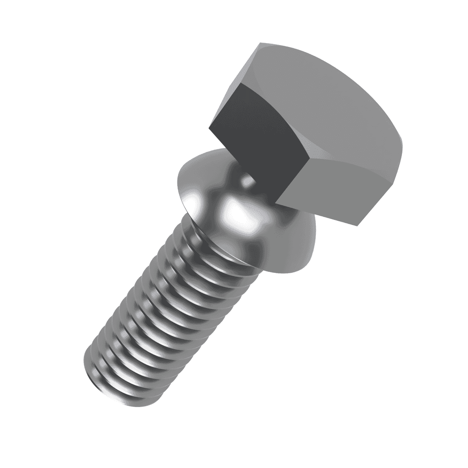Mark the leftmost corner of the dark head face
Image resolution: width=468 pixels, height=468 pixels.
click(x=209, y=129)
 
